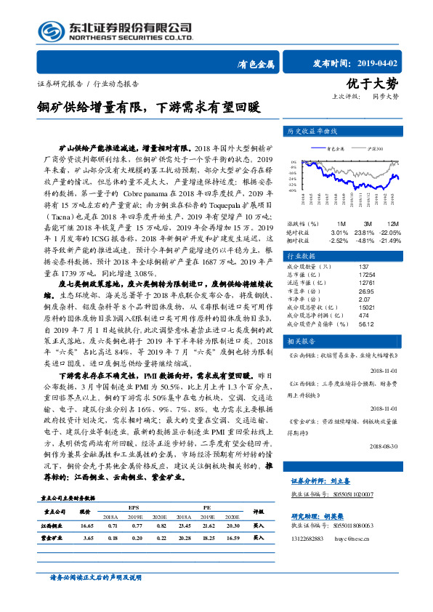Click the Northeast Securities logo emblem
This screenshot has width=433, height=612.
pyautogui.click(x=51, y=31)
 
